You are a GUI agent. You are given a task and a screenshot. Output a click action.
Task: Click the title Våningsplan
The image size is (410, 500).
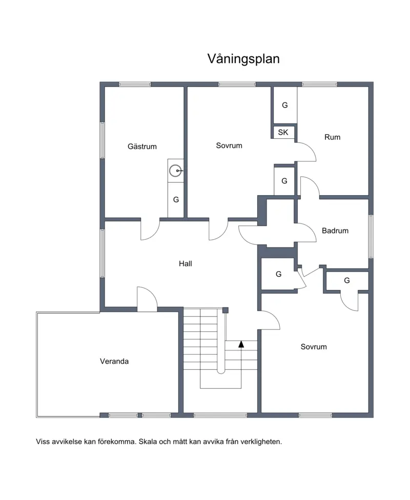pos(243,59)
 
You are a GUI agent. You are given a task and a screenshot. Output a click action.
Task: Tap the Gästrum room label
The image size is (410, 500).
pos(142,147)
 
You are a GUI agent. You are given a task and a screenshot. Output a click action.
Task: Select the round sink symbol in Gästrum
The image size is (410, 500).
pos(175,171)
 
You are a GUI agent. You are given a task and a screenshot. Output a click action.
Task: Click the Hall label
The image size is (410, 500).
pos(186,263)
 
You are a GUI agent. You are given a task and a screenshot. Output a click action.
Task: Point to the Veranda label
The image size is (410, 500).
pos(114,361)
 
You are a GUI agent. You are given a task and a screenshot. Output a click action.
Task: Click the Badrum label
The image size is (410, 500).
pos(335,231)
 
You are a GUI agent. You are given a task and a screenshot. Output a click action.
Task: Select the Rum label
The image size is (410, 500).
pos(332,137)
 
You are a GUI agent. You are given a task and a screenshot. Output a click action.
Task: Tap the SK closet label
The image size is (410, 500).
pos(283,132)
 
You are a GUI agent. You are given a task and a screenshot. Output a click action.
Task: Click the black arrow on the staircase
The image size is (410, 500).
pos(241,344)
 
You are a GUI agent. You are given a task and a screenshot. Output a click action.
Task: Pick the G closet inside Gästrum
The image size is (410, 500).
pos(176,200)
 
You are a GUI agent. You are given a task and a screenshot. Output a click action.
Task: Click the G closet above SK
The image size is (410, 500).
pos(285,105)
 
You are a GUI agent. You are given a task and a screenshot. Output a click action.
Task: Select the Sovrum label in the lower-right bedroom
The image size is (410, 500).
pos(314,347)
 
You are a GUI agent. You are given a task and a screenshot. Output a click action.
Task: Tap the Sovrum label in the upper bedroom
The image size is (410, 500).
pos(229,145)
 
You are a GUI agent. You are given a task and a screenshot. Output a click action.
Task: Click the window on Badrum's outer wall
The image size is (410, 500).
pos(371,236)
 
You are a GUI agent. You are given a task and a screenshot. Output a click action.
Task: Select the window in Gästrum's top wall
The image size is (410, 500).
pos(135,85)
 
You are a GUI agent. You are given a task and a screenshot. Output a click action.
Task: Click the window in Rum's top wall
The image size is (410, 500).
pos(319,85)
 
